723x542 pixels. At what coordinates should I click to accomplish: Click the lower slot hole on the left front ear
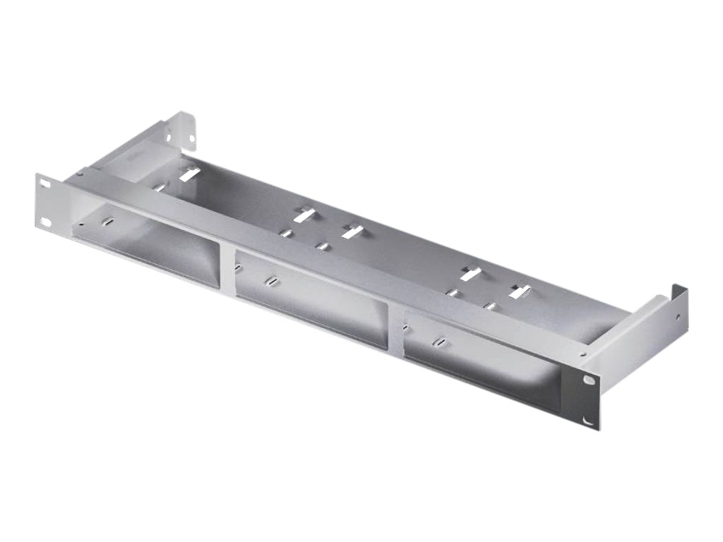(47, 223)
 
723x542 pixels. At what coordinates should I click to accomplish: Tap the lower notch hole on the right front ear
(588, 421)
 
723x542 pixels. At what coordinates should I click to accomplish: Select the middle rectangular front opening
(311, 296)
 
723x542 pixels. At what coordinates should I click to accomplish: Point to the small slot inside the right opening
(439, 342)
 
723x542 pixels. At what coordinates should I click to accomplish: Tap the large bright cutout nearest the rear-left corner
(187, 174)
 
